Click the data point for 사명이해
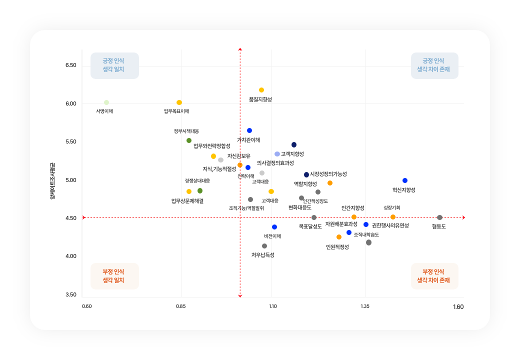click(x=106, y=102)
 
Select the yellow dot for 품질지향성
click(x=261, y=90)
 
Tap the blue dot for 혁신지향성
click(x=405, y=180)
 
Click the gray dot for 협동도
click(x=439, y=217)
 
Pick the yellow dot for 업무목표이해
click(x=179, y=102)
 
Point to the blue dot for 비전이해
click(x=274, y=227)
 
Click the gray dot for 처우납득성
click(x=264, y=246)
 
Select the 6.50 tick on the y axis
click(x=71, y=65)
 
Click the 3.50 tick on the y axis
click(x=71, y=295)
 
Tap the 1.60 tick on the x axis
click(x=458, y=307)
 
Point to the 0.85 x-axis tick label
click(x=181, y=306)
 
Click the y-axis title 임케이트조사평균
click(x=52, y=180)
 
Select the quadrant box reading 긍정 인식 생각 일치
click(x=114, y=65)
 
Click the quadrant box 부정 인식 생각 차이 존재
click(x=434, y=276)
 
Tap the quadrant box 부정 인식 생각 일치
click(x=114, y=276)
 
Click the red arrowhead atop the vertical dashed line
click(x=240, y=49)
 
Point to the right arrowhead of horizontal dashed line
click(x=463, y=217)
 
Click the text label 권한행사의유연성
click(x=390, y=225)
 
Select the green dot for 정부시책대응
click(x=189, y=140)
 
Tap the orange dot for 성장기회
click(x=393, y=217)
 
